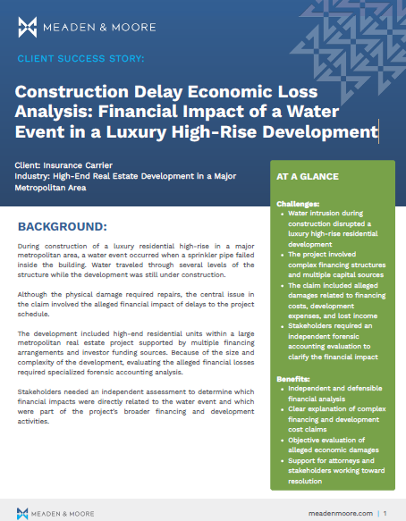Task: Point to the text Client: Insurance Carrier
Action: (x=64, y=166)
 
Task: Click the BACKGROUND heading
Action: (x=75, y=225)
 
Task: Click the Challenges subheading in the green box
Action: (x=300, y=205)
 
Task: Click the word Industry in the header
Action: (x=34, y=178)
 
